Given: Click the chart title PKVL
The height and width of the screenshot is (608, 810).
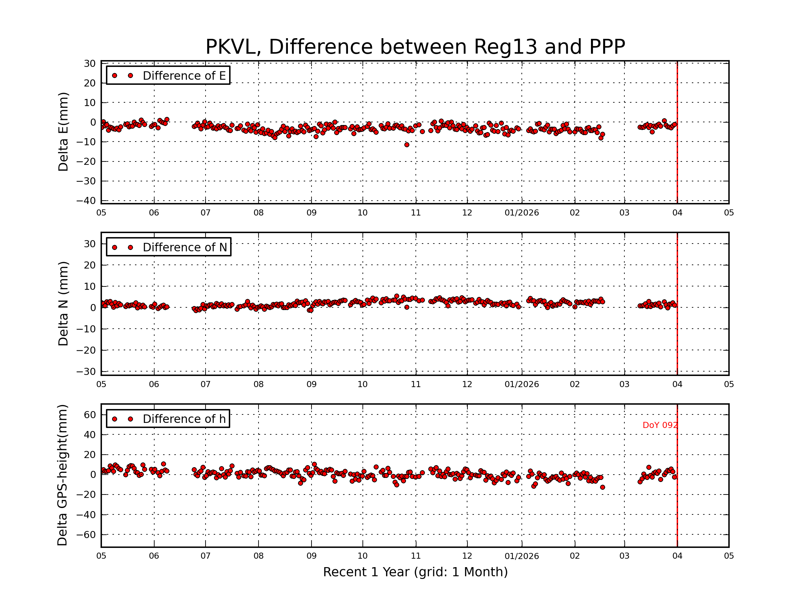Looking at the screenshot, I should pos(415,47).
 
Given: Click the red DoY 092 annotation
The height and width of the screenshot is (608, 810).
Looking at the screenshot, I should pos(660,425).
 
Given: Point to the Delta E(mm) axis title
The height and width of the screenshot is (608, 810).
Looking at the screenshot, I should pos(63,132).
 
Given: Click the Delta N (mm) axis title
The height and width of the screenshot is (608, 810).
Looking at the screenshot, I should pos(63,303).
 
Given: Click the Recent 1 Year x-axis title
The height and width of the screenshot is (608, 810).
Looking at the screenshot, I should pos(415,572).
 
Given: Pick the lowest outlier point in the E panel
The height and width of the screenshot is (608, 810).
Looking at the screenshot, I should pos(406,145).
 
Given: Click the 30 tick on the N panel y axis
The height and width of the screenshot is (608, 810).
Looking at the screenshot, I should pos(90,244).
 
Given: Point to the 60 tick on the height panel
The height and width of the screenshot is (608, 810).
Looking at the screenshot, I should pos(90,415).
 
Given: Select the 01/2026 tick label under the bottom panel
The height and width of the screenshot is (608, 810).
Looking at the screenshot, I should pos(521,556).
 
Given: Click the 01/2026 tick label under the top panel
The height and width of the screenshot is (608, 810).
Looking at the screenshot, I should pos(521,213).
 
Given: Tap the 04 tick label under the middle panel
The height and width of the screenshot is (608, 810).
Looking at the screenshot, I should pos(677,384).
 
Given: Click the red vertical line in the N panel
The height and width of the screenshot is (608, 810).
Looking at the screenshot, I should pos(677,330).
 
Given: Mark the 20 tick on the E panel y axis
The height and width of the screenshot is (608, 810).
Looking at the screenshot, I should pos(90,83).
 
